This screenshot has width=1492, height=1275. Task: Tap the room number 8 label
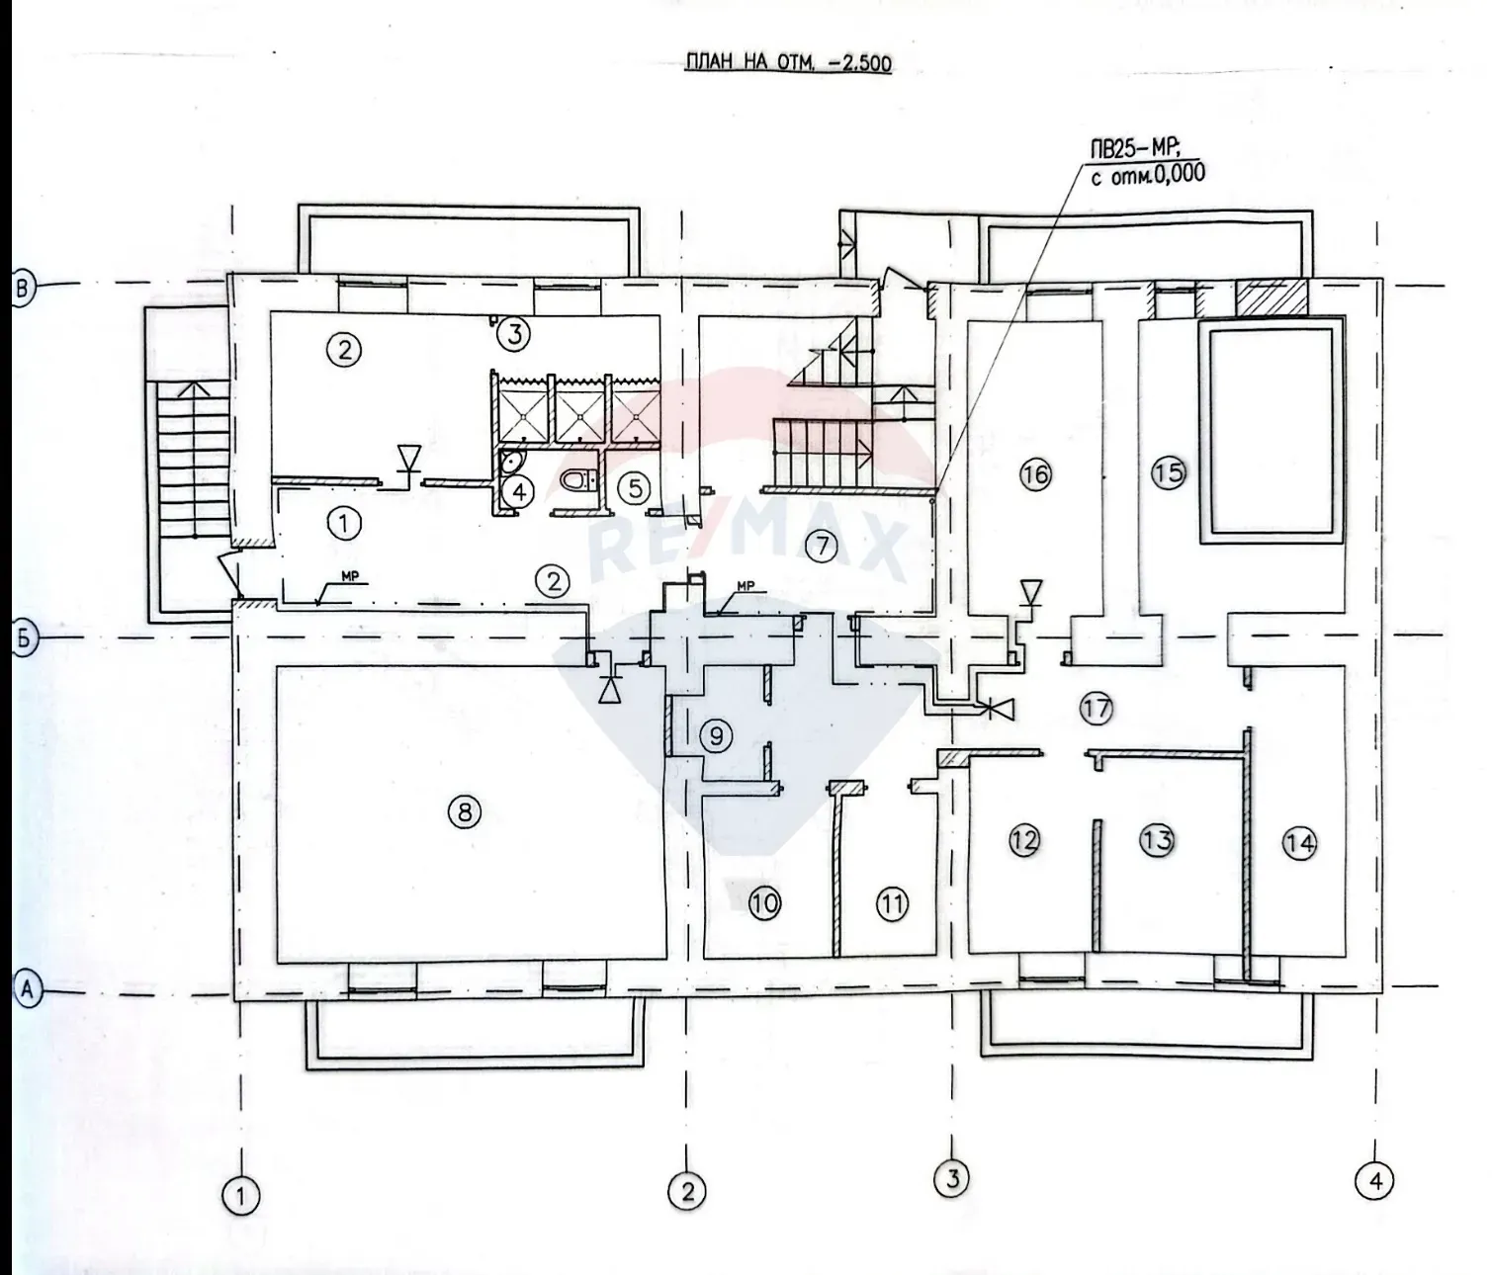[464, 812]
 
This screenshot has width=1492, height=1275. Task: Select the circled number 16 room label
[1035, 474]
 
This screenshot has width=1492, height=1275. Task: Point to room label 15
[1169, 473]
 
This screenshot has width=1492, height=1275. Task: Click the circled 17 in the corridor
[1096, 708]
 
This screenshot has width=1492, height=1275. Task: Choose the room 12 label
[1024, 840]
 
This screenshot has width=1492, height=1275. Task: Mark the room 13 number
[1156, 840]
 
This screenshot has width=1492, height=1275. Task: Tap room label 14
[1299, 843]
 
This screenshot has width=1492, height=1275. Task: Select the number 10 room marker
[765, 902]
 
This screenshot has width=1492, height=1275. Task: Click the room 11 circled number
[893, 902]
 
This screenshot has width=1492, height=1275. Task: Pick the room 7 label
[821, 546]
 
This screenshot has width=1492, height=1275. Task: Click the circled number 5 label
[634, 486]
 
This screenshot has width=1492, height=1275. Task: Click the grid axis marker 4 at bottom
[1374, 1180]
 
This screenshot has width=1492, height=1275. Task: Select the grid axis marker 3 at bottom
[952, 1176]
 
